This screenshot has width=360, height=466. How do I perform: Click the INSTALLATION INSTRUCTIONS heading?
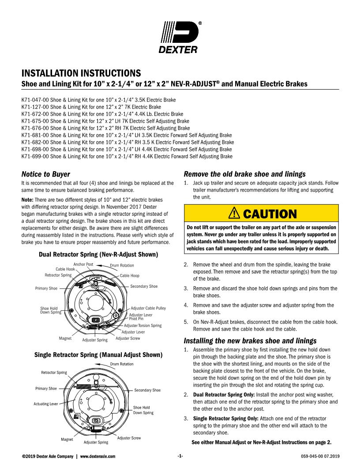[82, 72]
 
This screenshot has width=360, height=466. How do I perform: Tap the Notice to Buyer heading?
[46, 174]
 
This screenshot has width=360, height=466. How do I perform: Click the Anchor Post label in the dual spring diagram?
[83, 264]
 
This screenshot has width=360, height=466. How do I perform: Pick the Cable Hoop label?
[129, 276]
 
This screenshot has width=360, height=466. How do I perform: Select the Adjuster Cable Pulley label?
[148, 308]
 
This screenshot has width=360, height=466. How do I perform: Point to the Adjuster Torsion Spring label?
[143, 325]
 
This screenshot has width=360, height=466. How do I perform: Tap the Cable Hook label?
[65, 269]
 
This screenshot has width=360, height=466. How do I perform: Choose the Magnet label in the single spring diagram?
[67, 439]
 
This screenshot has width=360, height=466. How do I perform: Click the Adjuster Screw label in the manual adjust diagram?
[129, 438]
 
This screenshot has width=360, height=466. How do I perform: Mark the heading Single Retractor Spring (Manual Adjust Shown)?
[98, 355]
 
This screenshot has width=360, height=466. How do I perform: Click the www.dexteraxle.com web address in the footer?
[98, 455]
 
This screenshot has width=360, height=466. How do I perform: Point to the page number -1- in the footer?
[180, 455]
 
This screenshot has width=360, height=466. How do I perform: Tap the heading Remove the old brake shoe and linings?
[244, 174]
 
